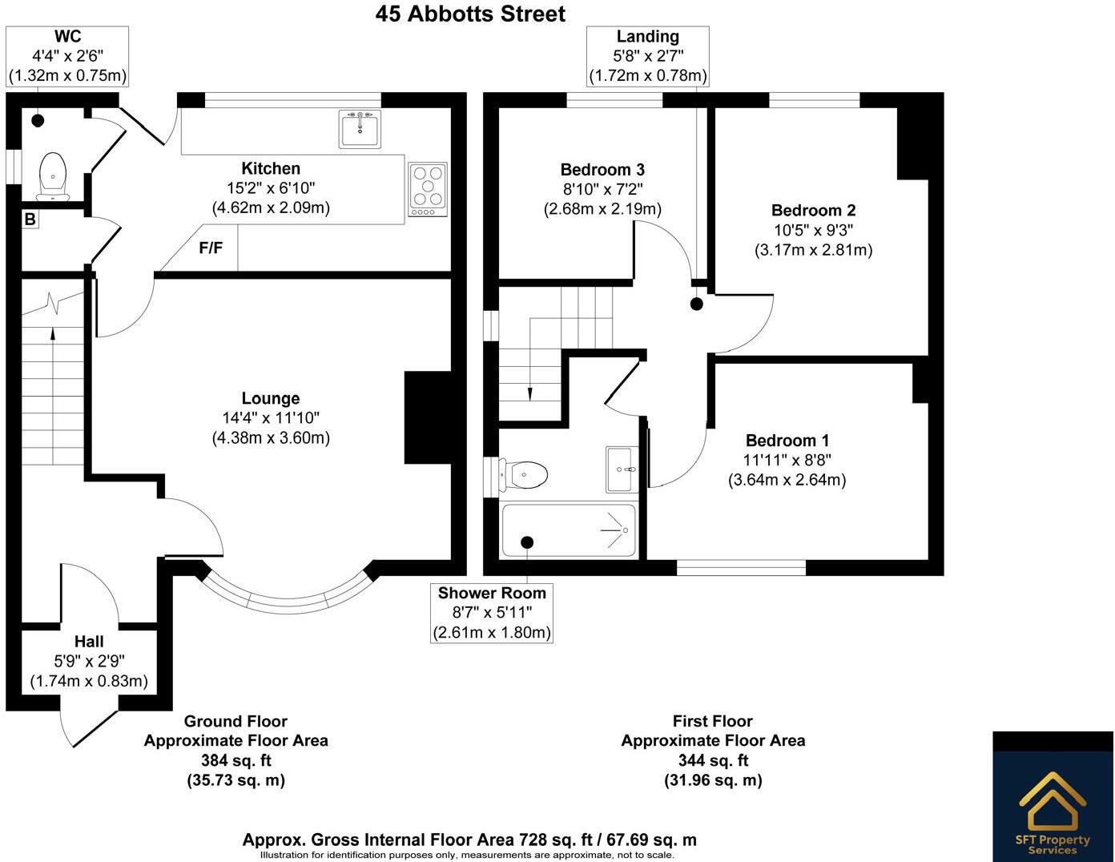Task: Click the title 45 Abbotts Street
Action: point(470,14)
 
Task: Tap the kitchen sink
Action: point(360,129)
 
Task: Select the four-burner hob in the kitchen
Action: point(428,190)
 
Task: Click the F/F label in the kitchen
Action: point(211,248)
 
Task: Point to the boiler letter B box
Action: point(30,220)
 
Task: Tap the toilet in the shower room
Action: point(523,474)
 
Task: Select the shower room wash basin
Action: point(622,469)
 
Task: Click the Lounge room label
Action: point(271,398)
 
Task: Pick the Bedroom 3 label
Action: point(602,170)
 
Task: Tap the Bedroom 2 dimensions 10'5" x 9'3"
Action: point(813,230)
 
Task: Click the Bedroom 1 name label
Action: point(787,441)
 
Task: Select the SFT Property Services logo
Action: point(1053,796)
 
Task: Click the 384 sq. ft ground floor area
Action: point(236,760)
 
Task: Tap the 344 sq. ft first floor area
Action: point(713,760)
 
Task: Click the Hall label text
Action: point(89,642)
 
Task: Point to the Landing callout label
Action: point(647,36)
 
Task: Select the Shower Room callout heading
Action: point(492,593)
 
